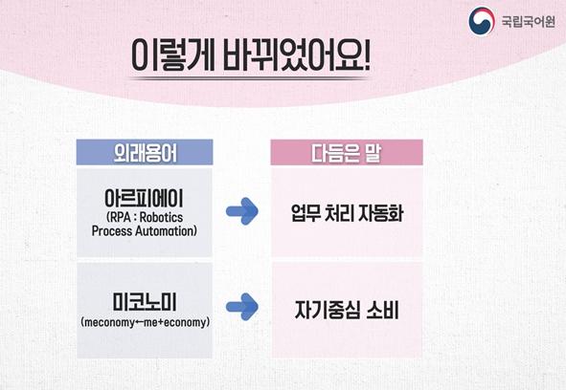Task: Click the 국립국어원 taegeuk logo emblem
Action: [x=482, y=21]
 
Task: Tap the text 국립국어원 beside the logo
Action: [x=528, y=22]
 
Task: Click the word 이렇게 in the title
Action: [x=173, y=54]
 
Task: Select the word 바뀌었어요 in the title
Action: [x=290, y=54]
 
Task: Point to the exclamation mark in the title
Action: [x=366, y=54]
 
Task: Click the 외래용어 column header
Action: [x=146, y=153]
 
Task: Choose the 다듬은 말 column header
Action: [x=346, y=153]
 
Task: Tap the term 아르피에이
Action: [x=144, y=198]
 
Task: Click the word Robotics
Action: [x=161, y=217]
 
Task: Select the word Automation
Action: [x=166, y=231]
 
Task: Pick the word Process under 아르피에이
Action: [x=112, y=231]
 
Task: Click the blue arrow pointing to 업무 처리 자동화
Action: [x=242, y=211]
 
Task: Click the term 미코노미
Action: [x=145, y=302]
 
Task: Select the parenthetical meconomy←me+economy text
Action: [x=146, y=322]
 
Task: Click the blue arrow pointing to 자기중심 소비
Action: [x=242, y=307]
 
